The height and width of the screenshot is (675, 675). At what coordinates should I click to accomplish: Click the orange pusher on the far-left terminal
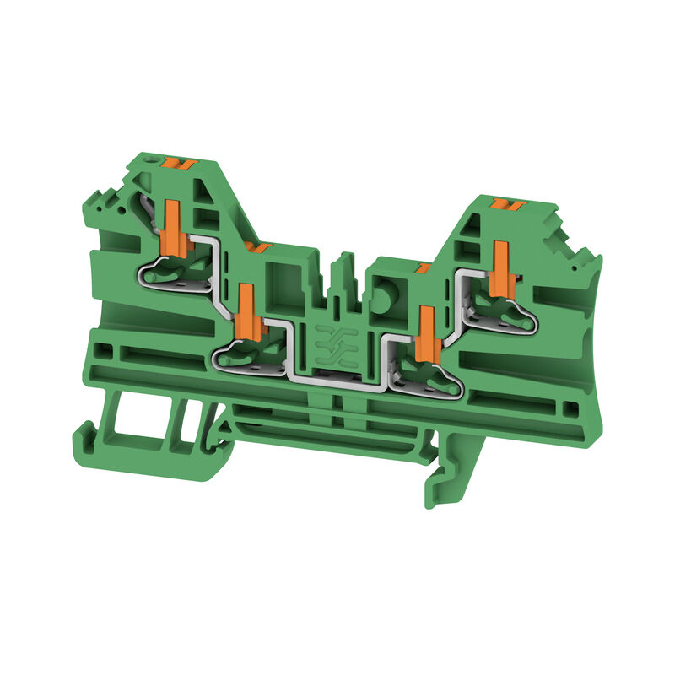tap(174, 227)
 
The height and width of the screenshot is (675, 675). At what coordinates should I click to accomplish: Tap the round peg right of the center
tap(385, 296)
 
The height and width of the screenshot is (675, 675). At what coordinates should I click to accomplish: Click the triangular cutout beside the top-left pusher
tap(203, 189)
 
